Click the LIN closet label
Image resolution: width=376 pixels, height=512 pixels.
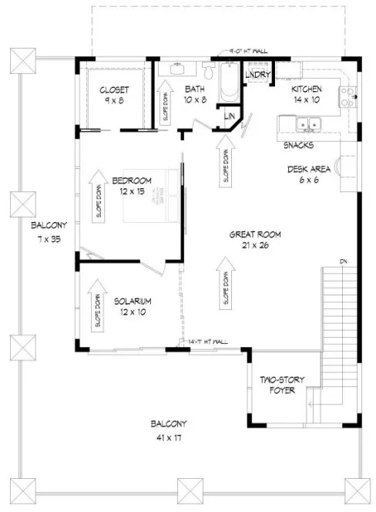[230, 116]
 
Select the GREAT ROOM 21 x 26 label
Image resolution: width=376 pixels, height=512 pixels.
[254, 239]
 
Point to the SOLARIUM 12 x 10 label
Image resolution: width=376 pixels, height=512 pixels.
[132, 306]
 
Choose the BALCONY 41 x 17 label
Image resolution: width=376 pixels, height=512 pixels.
[168, 430]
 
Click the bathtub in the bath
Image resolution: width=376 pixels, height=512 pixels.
[228, 83]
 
